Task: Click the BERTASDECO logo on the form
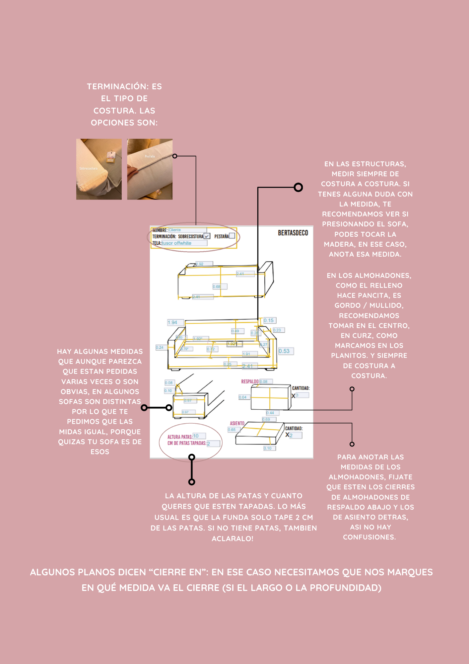tap(293, 233)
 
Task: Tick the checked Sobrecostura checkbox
tap(207, 236)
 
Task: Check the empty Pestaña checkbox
tap(232, 236)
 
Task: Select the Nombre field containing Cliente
tap(187, 230)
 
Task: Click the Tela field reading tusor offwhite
tap(184, 243)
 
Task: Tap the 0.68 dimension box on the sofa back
tap(220, 287)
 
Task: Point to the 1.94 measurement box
tap(175, 322)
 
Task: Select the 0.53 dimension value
tap(286, 351)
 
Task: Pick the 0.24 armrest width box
tap(161, 347)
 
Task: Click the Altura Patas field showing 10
tap(199, 436)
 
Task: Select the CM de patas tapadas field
tap(213, 444)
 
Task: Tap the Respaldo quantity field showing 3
tap(302, 395)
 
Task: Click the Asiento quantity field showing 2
tap(296, 435)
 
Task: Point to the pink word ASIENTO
tap(237, 424)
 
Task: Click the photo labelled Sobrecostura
tap(99, 169)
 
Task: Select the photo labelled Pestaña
tap(150, 169)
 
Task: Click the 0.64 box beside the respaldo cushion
tap(244, 397)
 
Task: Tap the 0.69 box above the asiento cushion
tap(269, 419)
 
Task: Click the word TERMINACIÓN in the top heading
tap(117, 87)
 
